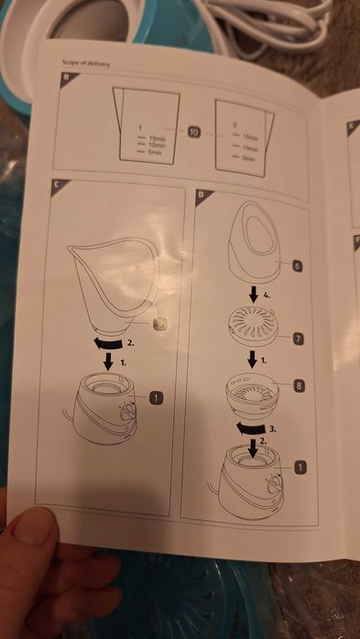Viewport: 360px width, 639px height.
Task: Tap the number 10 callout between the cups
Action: (x=194, y=132)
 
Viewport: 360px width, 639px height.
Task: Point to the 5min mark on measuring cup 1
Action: (x=155, y=152)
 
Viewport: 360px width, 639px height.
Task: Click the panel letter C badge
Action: (x=57, y=185)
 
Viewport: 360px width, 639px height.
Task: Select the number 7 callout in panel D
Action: (x=299, y=338)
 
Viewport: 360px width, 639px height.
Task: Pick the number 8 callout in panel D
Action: (x=299, y=387)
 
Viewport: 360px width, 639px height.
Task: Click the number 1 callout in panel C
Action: (x=157, y=397)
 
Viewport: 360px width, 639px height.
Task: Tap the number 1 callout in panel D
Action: (x=299, y=467)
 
